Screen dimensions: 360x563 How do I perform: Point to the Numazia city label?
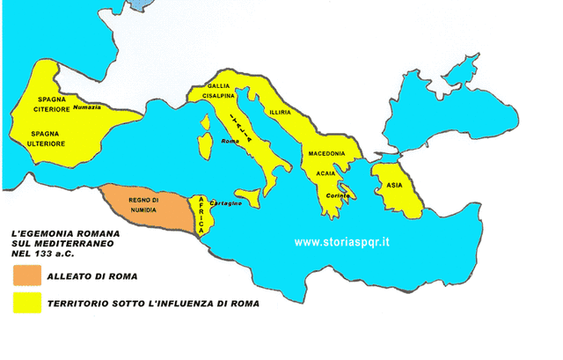click(x=87, y=107)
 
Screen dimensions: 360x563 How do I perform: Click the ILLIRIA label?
click(x=278, y=112)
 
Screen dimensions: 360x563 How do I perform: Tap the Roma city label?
click(x=230, y=142)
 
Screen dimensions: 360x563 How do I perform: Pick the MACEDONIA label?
click(x=326, y=153)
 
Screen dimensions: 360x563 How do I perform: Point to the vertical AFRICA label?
click(x=201, y=214)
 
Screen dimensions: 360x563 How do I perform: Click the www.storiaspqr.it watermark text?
click(x=343, y=240)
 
